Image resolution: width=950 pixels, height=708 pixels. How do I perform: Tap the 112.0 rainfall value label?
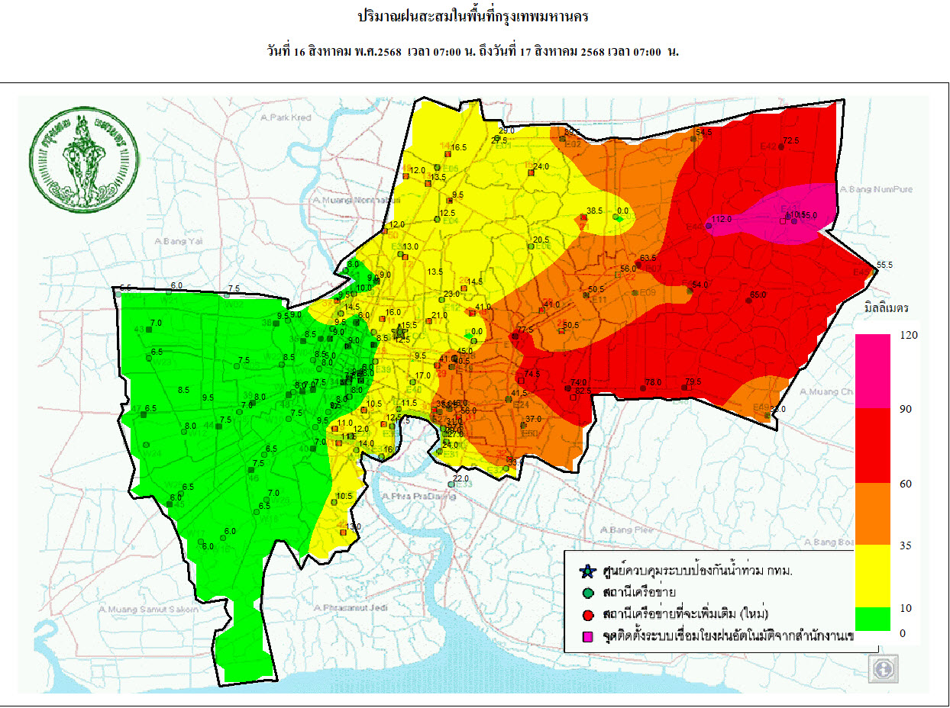click(x=722, y=219)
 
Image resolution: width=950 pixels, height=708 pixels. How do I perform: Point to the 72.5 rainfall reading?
click(x=790, y=140)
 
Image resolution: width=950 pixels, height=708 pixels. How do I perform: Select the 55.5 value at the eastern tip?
click(x=884, y=265)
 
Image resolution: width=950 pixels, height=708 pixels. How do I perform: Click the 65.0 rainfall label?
click(x=758, y=294)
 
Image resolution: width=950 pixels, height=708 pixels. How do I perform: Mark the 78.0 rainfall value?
click(x=653, y=382)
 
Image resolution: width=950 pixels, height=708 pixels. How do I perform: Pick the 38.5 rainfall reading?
click(x=595, y=210)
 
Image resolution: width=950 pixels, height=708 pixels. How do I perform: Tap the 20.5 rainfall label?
click(x=541, y=240)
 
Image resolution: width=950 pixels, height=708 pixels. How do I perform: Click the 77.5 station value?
click(x=525, y=330)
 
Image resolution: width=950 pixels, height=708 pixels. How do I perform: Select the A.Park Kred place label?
click(x=286, y=118)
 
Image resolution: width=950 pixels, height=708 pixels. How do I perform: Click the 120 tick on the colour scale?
click(x=907, y=335)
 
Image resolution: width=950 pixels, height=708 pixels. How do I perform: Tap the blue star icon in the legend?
click(x=586, y=571)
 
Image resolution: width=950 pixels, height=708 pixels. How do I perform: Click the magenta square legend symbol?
click(x=586, y=635)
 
